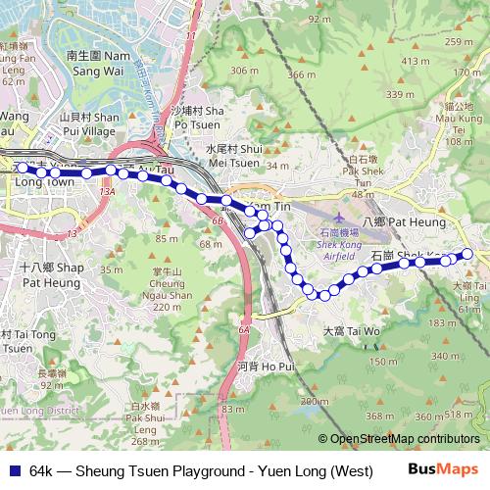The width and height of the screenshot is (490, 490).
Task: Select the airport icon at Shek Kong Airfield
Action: click(x=339, y=217)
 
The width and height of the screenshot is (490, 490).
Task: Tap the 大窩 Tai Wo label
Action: click(x=351, y=331)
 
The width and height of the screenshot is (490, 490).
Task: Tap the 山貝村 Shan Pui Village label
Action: click(x=87, y=122)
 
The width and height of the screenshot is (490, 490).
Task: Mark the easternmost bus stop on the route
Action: click(x=466, y=254)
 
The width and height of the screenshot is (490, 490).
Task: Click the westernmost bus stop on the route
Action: click(x=22, y=168)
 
